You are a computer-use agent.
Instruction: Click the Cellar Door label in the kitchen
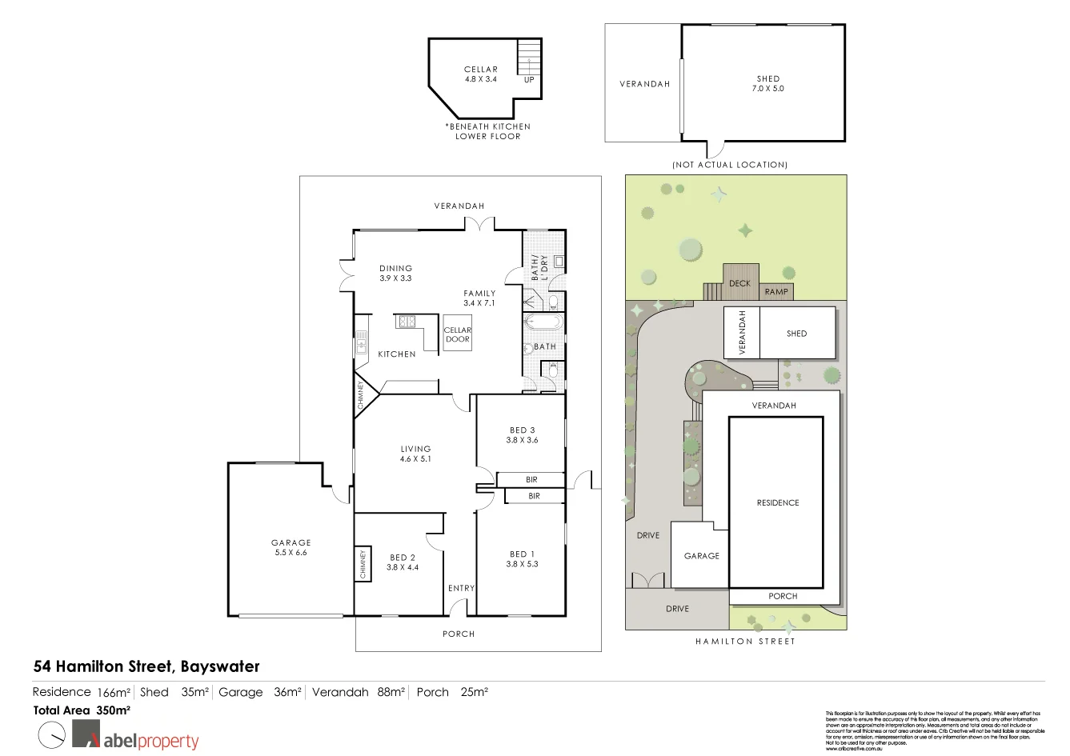coord(458,334)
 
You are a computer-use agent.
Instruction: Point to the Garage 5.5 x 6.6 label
coord(291,548)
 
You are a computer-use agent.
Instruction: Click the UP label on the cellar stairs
coord(529,80)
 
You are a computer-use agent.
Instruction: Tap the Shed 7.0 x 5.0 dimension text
coord(767,89)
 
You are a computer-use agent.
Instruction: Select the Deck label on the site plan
coord(739,283)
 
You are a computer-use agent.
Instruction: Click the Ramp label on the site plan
coord(776,292)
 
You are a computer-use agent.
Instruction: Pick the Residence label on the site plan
coord(777,503)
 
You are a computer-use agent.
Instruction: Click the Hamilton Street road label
coord(744,642)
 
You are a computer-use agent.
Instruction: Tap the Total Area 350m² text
coord(82,710)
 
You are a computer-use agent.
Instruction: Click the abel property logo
coord(136,735)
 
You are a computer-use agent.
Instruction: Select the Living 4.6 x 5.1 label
coord(415,454)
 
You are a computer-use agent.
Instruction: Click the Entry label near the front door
coord(461,588)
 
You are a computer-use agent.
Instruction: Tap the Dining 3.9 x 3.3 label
coord(395,274)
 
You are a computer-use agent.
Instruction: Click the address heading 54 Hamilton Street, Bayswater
coord(146,666)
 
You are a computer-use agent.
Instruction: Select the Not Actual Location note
coord(730,165)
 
